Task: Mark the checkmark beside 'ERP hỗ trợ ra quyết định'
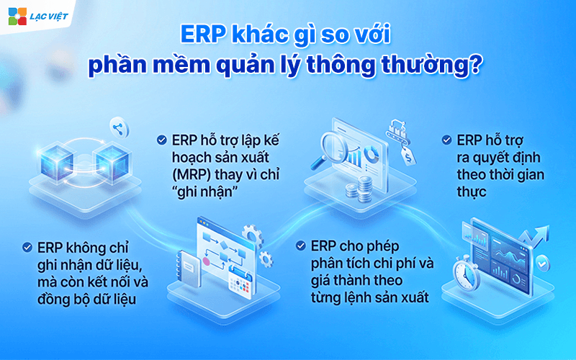click(448, 139)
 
